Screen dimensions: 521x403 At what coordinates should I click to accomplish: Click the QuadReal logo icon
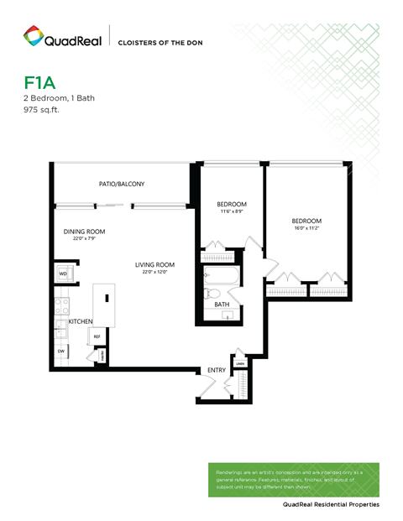[34, 36]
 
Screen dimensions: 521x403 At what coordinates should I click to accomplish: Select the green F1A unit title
[39, 83]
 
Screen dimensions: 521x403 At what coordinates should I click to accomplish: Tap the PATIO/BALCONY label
[122, 184]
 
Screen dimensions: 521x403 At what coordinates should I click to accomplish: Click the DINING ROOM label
[84, 232]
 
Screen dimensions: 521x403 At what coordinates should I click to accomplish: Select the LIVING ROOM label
[154, 265]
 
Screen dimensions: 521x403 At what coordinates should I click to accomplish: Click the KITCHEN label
[81, 321]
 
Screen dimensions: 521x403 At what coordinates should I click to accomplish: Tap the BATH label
[222, 305]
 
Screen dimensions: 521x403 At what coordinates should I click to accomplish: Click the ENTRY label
[217, 369]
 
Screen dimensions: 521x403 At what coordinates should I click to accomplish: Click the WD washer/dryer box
[63, 274]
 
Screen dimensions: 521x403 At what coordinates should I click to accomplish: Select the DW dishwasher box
[61, 327]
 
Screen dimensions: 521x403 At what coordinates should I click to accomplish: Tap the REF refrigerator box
[97, 336]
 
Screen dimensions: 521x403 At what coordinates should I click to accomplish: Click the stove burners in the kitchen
[60, 306]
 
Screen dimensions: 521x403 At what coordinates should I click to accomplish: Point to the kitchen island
[104, 303]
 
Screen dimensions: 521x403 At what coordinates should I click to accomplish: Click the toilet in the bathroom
[212, 294]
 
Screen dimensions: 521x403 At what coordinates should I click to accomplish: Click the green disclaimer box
[293, 478]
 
